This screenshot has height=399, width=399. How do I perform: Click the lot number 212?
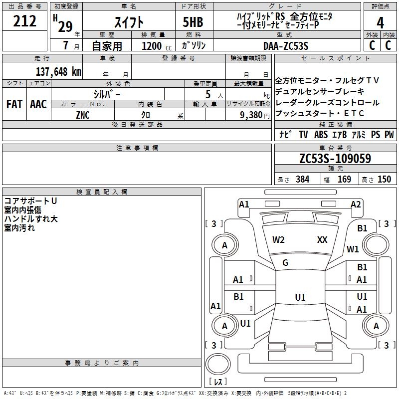pyautogui.click(x=25, y=21)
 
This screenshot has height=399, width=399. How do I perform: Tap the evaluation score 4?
pyautogui.click(x=381, y=23)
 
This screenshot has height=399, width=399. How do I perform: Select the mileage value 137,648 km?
pyautogui.click(x=58, y=71)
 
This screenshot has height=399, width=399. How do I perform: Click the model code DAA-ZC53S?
pyautogui.click(x=286, y=45)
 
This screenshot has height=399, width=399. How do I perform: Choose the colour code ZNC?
pyautogui.click(x=83, y=115)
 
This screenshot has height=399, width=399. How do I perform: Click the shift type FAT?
pyautogui.click(x=14, y=104)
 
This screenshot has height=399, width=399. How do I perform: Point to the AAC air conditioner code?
pyautogui.click(x=38, y=104)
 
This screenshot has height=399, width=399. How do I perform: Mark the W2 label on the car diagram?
pyautogui.click(x=278, y=239)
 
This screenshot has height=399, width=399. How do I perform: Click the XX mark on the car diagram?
pyautogui.click(x=322, y=239)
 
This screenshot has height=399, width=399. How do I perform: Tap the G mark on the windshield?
pyautogui.click(x=285, y=263)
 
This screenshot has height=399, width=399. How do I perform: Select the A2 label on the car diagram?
pyautogui.click(x=356, y=204)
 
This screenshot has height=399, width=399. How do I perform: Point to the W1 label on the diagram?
pyautogui.click(x=353, y=248)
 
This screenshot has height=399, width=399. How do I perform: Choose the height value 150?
pyautogui.click(x=384, y=180)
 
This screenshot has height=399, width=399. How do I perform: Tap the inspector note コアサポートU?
pyautogui.click(x=30, y=200)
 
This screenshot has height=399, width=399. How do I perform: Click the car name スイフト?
pyautogui.click(x=129, y=23)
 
